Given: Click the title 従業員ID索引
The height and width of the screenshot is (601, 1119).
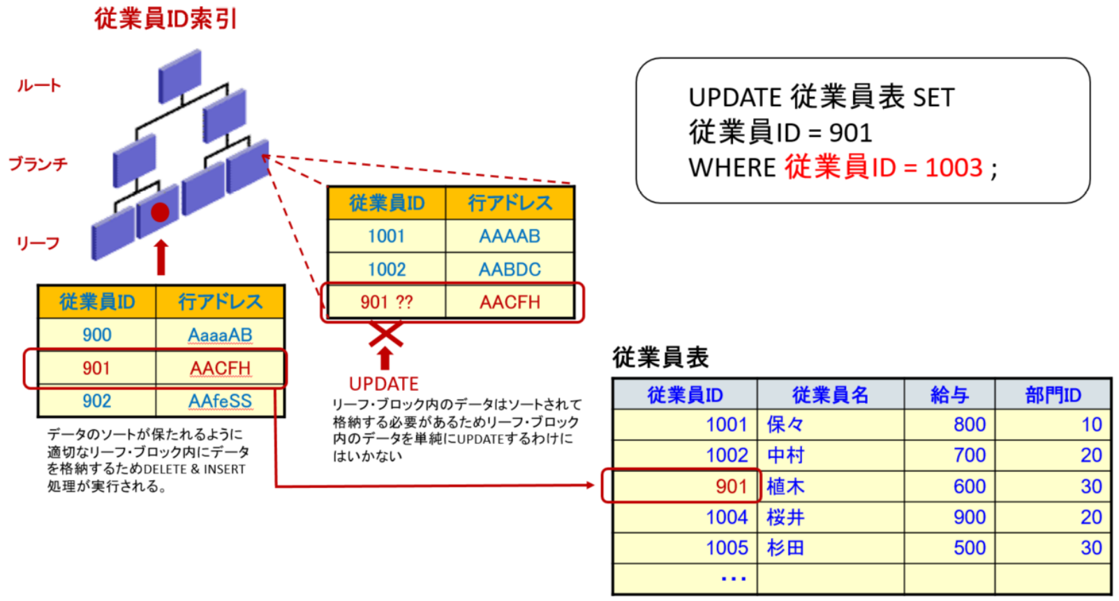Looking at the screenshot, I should tap(165, 19).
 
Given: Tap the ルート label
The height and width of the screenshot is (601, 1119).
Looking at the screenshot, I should tap(39, 86).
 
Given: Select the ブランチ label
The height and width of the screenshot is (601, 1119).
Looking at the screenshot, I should tap(38, 164).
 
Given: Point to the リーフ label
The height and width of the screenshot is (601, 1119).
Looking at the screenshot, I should tap(38, 243).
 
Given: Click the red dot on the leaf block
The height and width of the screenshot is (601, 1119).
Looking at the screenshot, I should tap(160, 212).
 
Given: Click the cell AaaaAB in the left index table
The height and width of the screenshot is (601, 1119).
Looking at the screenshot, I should tap(220, 335).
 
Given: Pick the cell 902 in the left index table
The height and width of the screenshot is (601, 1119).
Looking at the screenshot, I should tap(96, 401).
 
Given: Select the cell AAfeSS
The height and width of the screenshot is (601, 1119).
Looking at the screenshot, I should tap(220, 401).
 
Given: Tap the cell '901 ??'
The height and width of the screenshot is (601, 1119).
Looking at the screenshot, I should tap(386, 302).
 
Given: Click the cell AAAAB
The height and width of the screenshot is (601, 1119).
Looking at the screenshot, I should tap(509, 236).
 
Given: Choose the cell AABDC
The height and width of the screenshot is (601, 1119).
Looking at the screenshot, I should tap(509, 269).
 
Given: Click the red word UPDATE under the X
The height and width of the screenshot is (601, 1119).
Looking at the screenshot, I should tap(383, 384).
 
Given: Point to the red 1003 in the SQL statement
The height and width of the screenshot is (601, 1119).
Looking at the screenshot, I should tap(954, 168).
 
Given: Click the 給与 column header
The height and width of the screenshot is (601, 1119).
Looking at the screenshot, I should tap(949, 395).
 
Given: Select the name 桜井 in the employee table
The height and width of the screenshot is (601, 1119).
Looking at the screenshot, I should tap(785, 517).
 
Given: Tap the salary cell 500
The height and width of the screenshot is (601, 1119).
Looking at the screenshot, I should tap(969, 548).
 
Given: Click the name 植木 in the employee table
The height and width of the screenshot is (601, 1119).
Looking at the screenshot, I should tap(785, 487).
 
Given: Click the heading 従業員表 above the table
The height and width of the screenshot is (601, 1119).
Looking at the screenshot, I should tap(660, 357).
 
